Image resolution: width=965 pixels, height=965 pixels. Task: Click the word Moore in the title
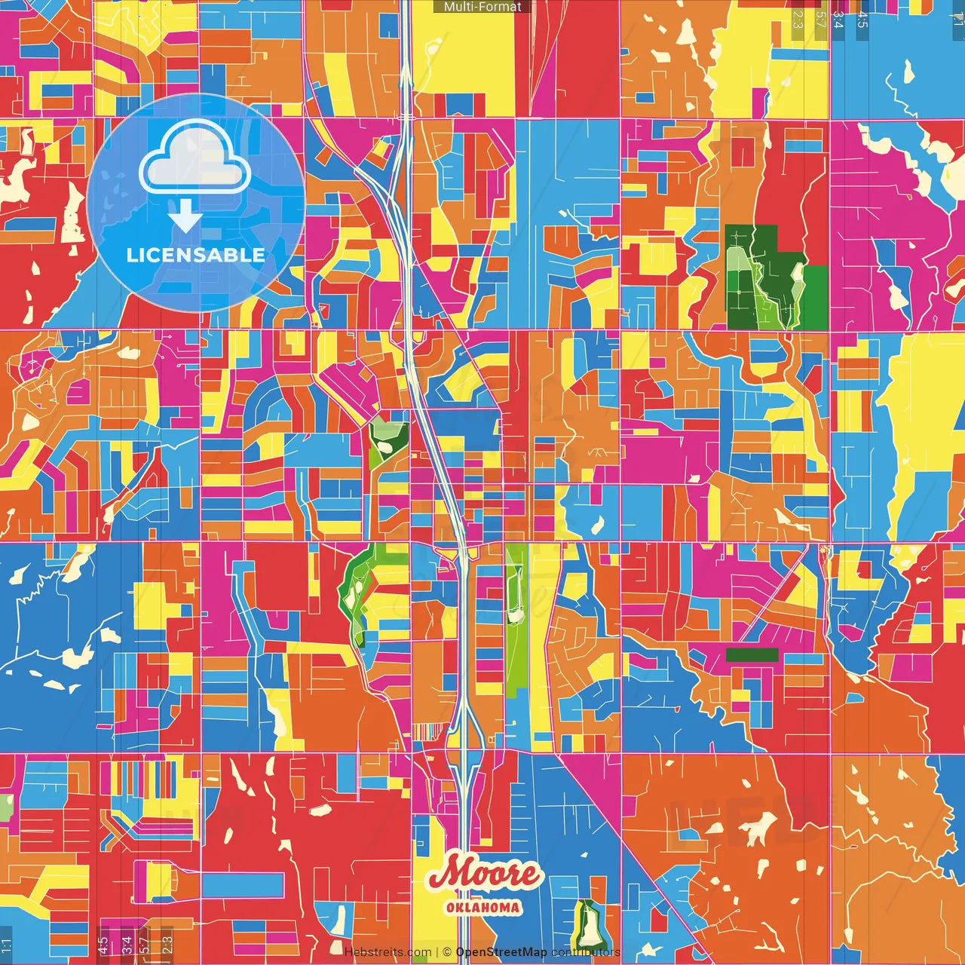(x=484, y=875)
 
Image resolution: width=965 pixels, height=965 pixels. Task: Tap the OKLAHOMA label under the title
(x=483, y=908)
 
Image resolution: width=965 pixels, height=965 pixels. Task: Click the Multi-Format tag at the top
(x=482, y=7)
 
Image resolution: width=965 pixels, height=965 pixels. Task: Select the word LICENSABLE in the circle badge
(x=196, y=256)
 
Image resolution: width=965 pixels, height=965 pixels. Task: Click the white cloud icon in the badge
(x=195, y=159)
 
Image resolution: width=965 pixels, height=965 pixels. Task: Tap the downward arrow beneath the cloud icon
(x=185, y=217)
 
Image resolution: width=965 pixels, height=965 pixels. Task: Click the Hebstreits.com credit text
(x=388, y=952)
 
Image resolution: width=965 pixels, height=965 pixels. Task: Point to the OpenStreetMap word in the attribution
(x=501, y=952)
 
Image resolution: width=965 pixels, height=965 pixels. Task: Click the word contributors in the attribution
(x=585, y=952)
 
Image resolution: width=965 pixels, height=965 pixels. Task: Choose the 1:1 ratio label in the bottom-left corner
(x=7, y=944)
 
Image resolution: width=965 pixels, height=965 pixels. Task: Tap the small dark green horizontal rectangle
(x=752, y=655)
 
